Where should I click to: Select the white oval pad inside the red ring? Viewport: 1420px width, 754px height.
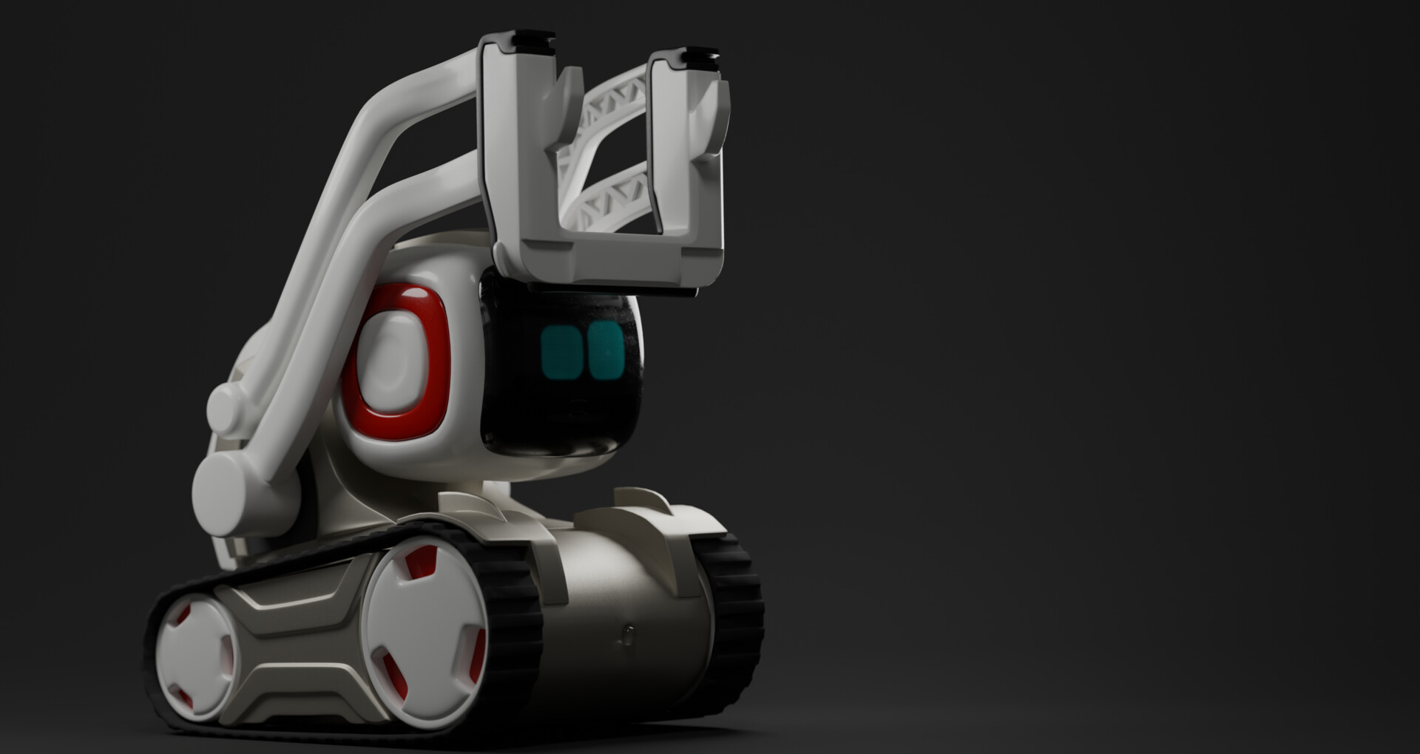pyautogui.click(x=393, y=362)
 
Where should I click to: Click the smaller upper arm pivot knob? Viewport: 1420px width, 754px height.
pyautogui.click(x=226, y=407)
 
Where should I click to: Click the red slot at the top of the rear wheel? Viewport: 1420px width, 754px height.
pyautogui.click(x=420, y=564)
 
